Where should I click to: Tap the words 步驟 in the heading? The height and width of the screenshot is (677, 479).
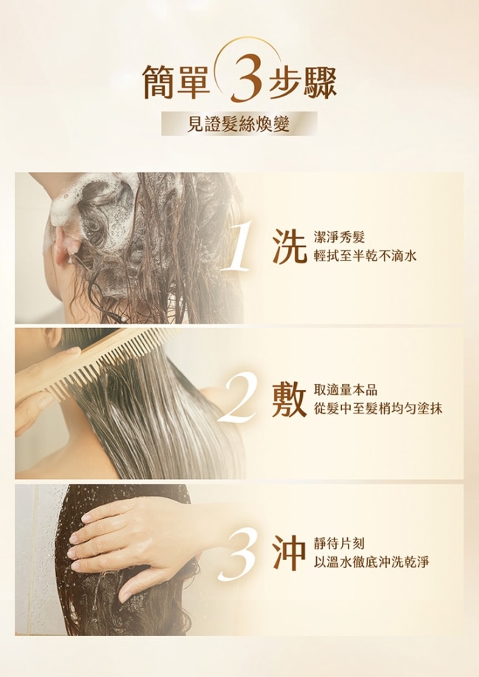303,81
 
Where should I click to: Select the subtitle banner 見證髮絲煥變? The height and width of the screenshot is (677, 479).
239,124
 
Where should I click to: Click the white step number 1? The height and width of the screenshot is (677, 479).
237,246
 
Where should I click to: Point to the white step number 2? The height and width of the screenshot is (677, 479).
237,397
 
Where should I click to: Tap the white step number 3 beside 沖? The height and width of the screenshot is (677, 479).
238,554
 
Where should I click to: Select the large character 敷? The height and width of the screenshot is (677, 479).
289,400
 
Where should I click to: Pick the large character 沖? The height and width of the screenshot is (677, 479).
289,553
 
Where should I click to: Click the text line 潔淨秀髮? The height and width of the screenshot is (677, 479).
340,237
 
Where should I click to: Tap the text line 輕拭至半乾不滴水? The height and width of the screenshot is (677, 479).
366,257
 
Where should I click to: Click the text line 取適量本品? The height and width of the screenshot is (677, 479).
346,390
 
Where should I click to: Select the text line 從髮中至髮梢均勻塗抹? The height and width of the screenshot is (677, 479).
378,408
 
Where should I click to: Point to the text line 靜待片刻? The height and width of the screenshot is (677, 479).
340,544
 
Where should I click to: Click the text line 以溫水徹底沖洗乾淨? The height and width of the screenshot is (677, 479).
372,562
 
